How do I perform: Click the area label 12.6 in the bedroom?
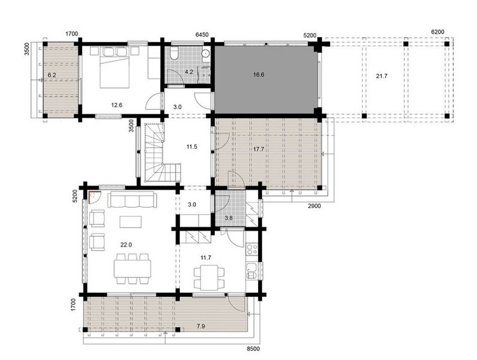point(116,105)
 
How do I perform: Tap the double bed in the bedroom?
point(115,67)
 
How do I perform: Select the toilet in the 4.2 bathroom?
point(175,53)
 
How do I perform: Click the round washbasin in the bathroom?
point(206,53)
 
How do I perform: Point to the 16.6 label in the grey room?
point(259,74)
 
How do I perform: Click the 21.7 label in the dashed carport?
point(382,76)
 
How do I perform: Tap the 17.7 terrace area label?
point(259,149)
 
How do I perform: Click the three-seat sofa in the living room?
point(132,200)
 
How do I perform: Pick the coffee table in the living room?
point(131,221)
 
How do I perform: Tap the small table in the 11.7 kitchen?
point(209,277)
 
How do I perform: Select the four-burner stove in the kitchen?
point(252,250)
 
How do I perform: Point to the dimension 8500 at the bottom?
point(254,349)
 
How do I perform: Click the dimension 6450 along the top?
point(202,35)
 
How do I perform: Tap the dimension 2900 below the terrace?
point(314,206)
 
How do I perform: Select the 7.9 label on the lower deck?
point(201,326)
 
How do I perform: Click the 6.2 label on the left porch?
point(52,74)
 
